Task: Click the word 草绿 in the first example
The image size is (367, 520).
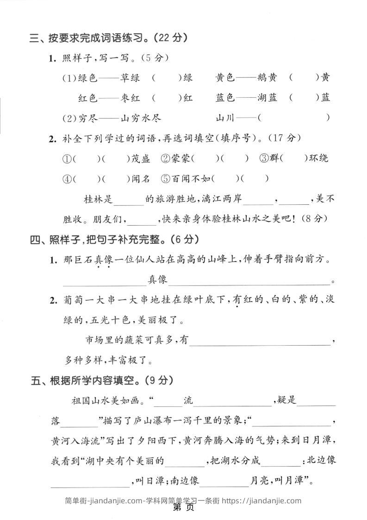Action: click(129, 78)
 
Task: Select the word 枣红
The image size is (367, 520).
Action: click(129, 98)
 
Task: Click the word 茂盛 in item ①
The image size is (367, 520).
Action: click(140, 159)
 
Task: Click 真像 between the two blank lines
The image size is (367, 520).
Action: click(157, 279)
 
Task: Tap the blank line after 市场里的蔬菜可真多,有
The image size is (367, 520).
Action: click(261, 341)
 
